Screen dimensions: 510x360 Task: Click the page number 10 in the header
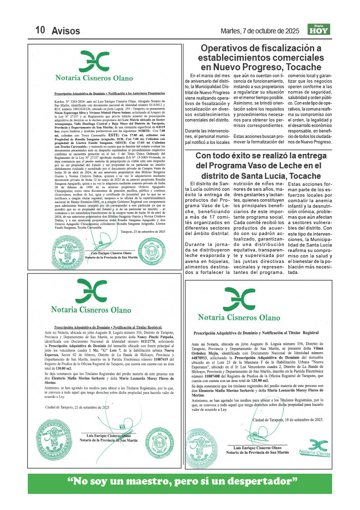tap(40, 30)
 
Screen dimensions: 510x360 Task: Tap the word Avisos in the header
tap(66, 30)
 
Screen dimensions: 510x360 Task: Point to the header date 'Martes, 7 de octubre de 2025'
tap(259, 31)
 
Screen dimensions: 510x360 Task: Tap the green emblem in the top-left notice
tap(94, 61)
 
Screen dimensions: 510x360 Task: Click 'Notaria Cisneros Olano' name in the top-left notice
tap(94, 78)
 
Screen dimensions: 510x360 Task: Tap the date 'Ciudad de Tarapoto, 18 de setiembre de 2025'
tap(287, 420)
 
